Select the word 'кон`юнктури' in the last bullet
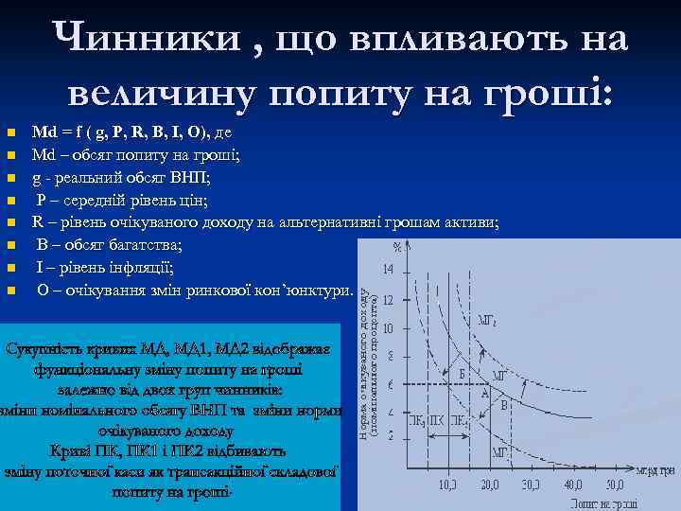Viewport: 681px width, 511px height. [302, 291]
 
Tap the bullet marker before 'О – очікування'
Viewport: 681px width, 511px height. [10, 291]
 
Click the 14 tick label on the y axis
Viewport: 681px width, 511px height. [390, 268]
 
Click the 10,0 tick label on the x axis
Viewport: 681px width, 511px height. [449, 485]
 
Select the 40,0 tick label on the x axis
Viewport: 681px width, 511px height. [576, 485]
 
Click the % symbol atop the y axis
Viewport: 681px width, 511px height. [398, 248]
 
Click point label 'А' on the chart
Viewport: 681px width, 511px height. [485, 392]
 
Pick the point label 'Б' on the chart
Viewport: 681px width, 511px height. [462, 374]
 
